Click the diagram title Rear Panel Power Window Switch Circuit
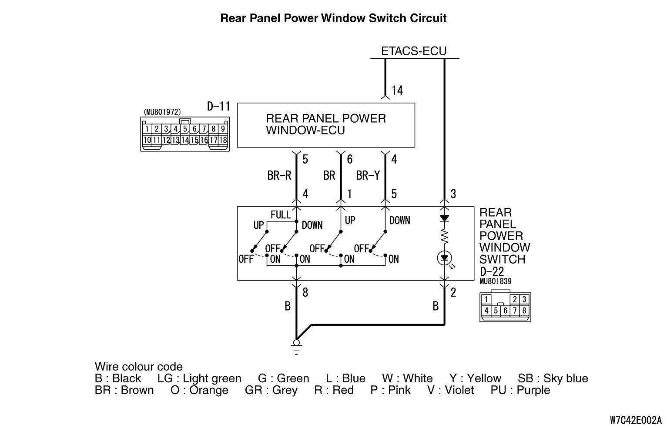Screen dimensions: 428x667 pyautogui.click(x=333, y=18)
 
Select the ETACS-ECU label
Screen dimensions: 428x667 pyautogui.click(x=414, y=51)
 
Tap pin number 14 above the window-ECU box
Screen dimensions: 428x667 pyautogui.click(x=397, y=90)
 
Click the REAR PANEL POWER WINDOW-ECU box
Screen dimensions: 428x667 pyautogui.click(x=325, y=125)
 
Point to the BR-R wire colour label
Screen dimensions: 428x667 pyautogui.click(x=279, y=175)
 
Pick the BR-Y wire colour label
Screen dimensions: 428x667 pyautogui.click(x=368, y=175)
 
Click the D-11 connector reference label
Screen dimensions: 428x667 pyautogui.click(x=218, y=107)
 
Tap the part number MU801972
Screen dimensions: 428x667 pyautogui.click(x=162, y=112)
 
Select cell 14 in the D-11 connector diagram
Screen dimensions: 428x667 pyautogui.click(x=184, y=140)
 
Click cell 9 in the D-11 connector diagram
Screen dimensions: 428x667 pyautogui.click(x=223, y=129)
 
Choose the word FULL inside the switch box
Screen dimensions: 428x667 pyautogui.click(x=281, y=215)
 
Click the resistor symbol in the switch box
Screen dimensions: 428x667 pyautogui.click(x=444, y=236)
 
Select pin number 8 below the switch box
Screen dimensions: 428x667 pyautogui.click(x=305, y=292)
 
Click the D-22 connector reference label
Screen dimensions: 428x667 pyautogui.click(x=492, y=271)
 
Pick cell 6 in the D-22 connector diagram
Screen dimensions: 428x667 pyautogui.click(x=506, y=311)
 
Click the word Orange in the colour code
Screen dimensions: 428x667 pyautogui.click(x=209, y=390)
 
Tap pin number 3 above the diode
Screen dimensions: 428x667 pyautogui.click(x=453, y=194)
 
